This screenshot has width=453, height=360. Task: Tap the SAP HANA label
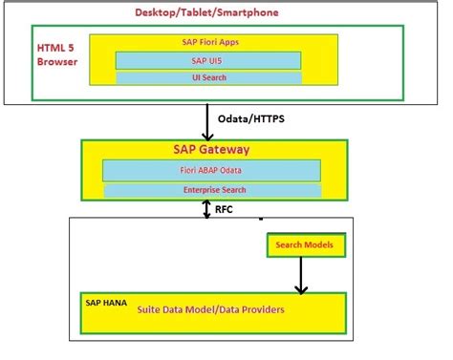(105, 300)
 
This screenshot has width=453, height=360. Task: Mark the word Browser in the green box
(58, 62)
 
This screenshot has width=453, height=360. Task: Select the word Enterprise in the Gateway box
(197, 191)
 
